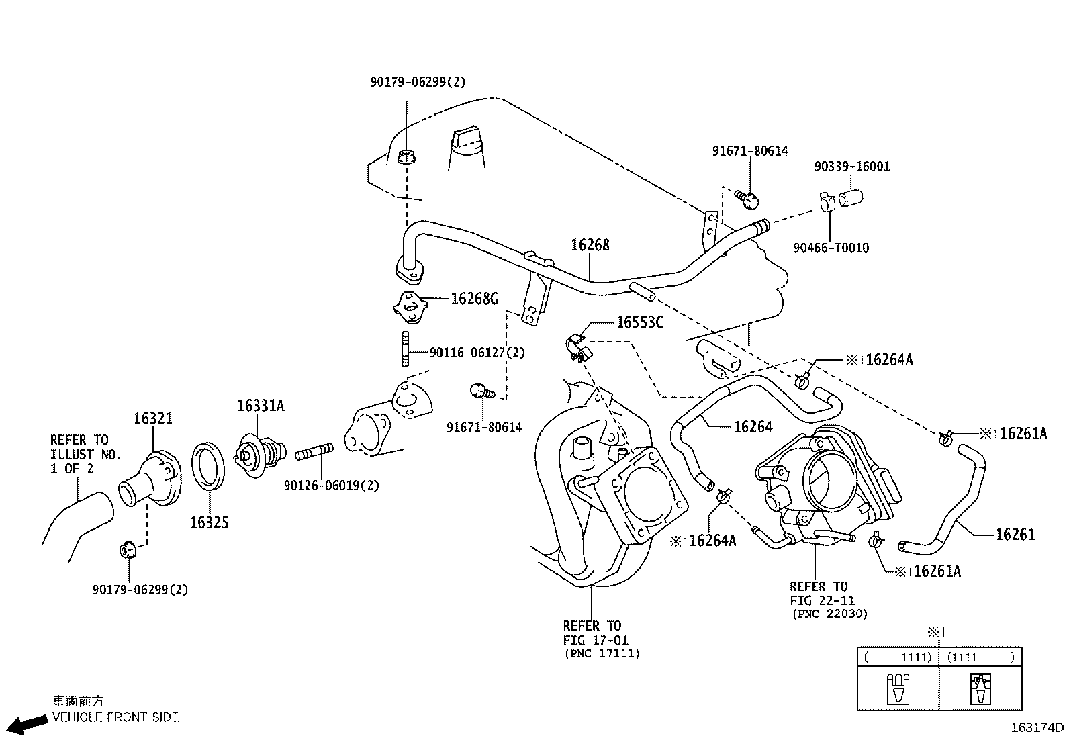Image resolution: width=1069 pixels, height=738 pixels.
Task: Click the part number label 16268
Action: click(590, 245)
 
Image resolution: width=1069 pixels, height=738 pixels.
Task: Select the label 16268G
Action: click(474, 299)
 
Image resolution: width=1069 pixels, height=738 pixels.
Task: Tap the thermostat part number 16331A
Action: click(261, 406)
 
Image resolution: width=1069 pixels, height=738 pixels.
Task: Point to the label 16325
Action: click(209, 522)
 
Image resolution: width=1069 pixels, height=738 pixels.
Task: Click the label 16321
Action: click(152, 418)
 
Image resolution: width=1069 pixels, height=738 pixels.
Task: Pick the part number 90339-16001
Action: click(852, 166)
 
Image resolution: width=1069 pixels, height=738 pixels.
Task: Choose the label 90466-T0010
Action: click(831, 248)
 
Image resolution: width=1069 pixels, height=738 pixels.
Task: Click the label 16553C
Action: click(640, 322)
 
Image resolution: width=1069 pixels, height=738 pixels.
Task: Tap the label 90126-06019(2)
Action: click(331, 486)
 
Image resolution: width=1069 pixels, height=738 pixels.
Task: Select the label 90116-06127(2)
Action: click(477, 353)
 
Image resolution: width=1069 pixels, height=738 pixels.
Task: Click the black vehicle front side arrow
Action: click(29, 725)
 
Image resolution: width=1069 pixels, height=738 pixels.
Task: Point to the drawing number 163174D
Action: click(1037, 727)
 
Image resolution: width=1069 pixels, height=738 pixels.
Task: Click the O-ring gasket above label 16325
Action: click(208, 466)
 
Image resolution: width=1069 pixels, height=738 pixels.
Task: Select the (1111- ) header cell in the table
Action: click(980, 657)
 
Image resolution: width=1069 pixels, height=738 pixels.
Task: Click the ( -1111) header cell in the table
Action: click(898, 657)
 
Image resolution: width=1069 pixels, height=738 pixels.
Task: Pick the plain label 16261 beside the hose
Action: click(1015, 534)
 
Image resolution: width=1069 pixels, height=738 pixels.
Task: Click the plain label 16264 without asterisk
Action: click(753, 427)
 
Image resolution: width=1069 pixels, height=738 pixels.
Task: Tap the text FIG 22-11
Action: click(822, 600)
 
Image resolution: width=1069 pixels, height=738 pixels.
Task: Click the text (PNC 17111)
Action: click(602, 653)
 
